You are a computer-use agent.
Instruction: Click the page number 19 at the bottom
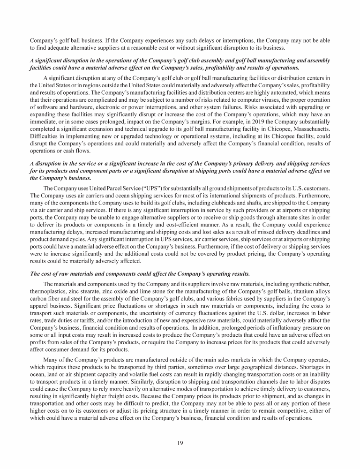pyautogui.click(x=180, y=443)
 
